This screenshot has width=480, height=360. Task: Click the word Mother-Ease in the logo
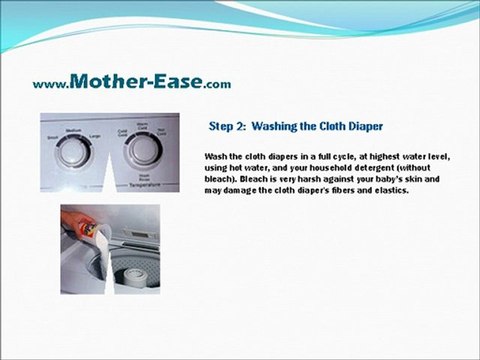[x=137, y=81]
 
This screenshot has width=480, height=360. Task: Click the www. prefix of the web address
[x=51, y=84]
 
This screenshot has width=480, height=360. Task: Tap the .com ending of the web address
[x=217, y=84]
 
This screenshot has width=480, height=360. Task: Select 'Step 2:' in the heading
[x=227, y=127]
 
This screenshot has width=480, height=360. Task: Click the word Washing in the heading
[x=279, y=127]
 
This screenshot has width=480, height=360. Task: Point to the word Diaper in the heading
[x=361, y=127]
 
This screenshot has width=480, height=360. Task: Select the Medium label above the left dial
[x=73, y=130]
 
